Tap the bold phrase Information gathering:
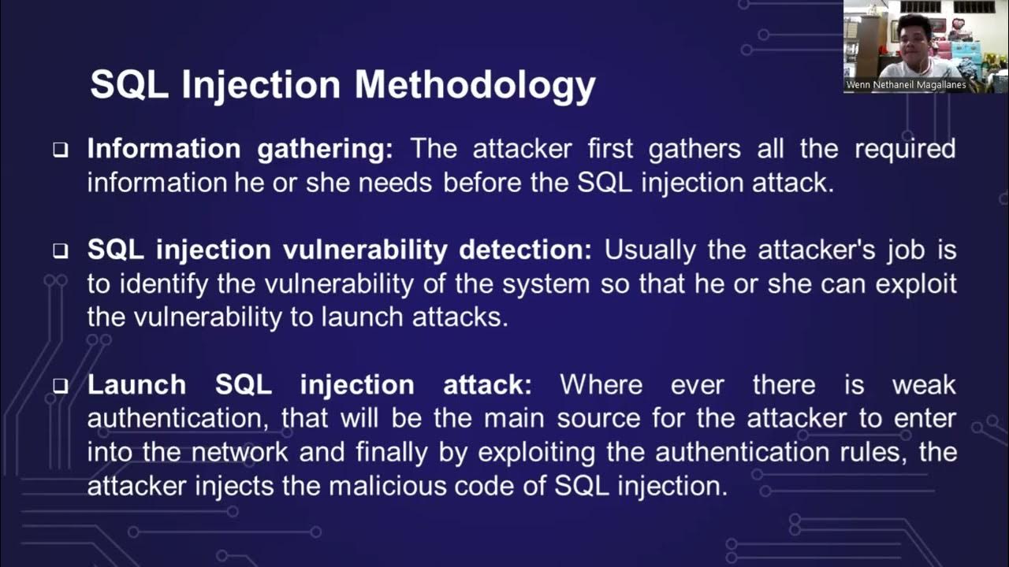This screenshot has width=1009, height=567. coord(240,149)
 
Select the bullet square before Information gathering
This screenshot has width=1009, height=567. coord(61,150)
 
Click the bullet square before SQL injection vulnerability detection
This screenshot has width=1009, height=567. coord(61,251)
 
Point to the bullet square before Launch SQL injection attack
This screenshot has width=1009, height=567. coord(61,386)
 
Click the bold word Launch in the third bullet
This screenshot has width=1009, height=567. coord(136,385)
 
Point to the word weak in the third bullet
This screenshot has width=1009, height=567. coord(923,385)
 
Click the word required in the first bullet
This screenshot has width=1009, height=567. coord(905,149)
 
